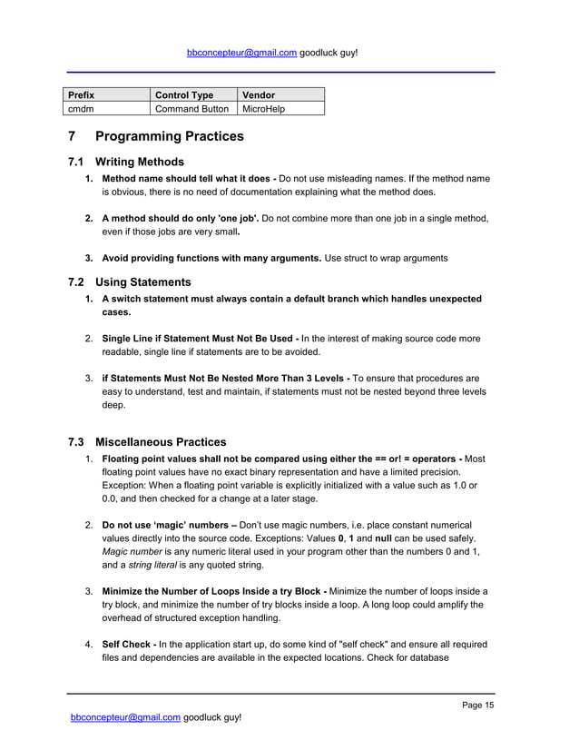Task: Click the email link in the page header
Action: click(241, 53)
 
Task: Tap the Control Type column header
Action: click(184, 94)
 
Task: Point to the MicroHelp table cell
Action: click(263, 109)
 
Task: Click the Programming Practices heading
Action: click(169, 137)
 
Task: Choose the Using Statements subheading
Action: click(143, 281)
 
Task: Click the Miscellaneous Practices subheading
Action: click(161, 442)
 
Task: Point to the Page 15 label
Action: click(477, 706)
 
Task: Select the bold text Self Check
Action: click(127, 644)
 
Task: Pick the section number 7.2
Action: click(76, 281)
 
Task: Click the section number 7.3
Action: click(76, 442)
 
